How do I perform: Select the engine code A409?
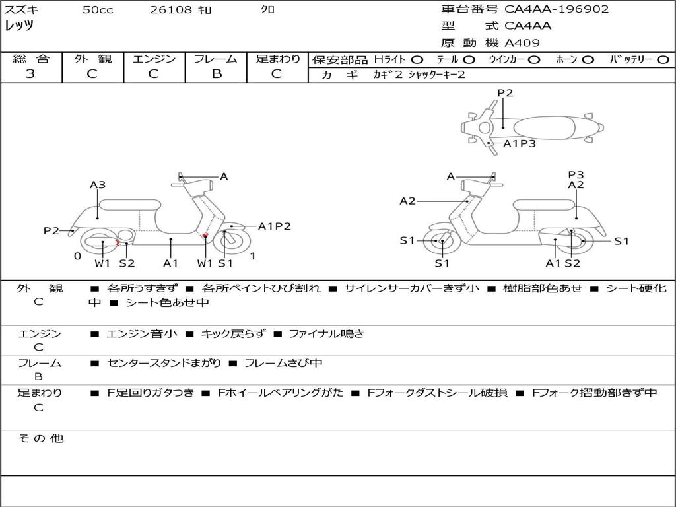tap(522, 44)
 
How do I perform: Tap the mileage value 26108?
tap(171, 10)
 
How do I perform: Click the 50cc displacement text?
tap(98, 10)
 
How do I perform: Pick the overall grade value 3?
tap(30, 74)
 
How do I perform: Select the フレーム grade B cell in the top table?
tap(216, 74)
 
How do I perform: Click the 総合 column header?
tap(31, 59)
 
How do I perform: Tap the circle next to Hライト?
tap(417, 59)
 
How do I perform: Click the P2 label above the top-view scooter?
tap(505, 93)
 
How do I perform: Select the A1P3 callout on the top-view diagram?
tap(520, 143)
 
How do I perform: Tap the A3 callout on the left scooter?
tap(98, 185)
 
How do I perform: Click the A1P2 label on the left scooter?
tap(274, 226)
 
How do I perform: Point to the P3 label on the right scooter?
tap(576, 174)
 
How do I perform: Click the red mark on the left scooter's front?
tap(205, 235)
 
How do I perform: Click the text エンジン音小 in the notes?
tap(142, 334)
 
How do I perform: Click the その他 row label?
tap(40, 438)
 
